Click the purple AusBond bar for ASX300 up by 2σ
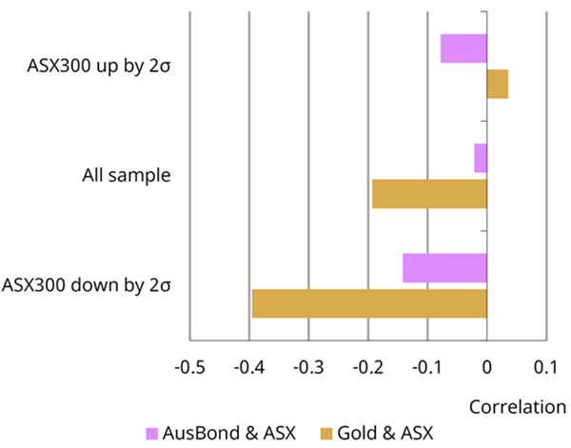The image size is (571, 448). (x=463, y=49)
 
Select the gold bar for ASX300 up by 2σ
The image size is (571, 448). (x=498, y=85)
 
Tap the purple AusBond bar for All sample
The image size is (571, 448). (x=481, y=158)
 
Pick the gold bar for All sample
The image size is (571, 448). (x=429, y=194)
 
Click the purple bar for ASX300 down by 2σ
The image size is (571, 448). (x=444, y=267)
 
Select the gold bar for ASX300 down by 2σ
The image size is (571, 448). (x=369, y=303)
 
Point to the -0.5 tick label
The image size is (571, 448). (x=191, y=367)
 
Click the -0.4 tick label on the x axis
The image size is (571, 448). (x=250, y=367)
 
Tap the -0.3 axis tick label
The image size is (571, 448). (x=309, y=367)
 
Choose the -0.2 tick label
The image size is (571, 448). (x=368, y=367)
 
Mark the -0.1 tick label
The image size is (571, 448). (x=427, y=367)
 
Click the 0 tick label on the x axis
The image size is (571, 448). (x=487, y=367)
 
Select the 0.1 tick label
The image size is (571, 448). (x=546, y=367)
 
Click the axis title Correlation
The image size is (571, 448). (x=518, y=406)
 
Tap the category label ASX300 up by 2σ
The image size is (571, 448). (x=101, y=67)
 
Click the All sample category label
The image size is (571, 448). (x=127, y=176)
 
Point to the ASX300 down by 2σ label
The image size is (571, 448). (x=87, y=285)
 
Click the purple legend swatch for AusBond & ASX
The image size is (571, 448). (x=152, y=434)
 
